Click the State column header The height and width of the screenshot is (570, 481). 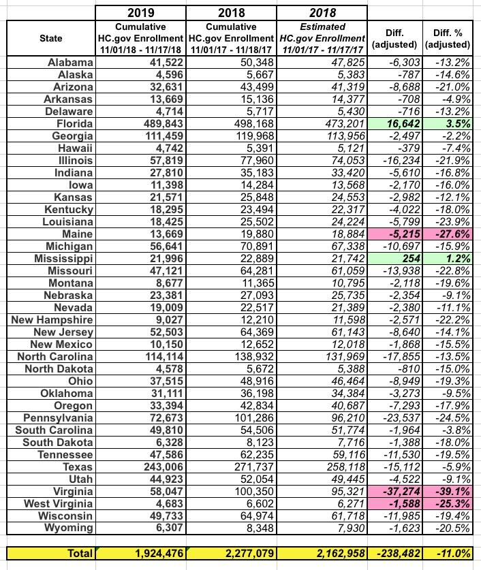(50, 38)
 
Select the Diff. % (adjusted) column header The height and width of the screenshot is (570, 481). (447, 38)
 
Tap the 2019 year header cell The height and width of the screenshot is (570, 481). (140, 13)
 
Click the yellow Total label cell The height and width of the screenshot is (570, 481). (50, 554)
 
